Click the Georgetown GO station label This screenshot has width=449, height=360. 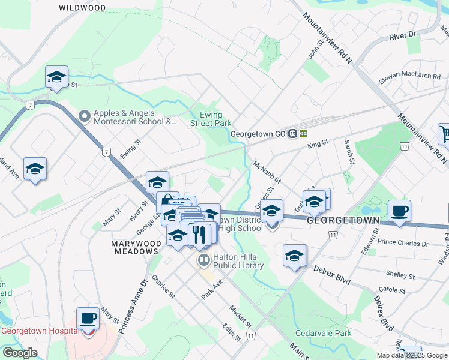click(x=258, y=134)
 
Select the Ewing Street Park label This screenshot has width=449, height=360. click(x=211, y=119)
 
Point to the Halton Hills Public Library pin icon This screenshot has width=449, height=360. click(x=204, y=260)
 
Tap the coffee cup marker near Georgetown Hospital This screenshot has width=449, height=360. click(x=88, y=319)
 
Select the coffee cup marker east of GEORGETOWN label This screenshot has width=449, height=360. click(x=399, y=211)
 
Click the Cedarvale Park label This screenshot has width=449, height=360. click(x=322, y=333)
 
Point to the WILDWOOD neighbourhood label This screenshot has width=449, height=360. click(x=83, y=8)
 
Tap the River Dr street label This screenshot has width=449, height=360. click(x=402, y=36)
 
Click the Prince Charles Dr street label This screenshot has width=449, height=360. click(x=403, y=244)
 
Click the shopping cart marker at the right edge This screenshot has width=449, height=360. click(x=444, y=134)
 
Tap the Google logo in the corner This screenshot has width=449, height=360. click(x=19, y=353)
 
